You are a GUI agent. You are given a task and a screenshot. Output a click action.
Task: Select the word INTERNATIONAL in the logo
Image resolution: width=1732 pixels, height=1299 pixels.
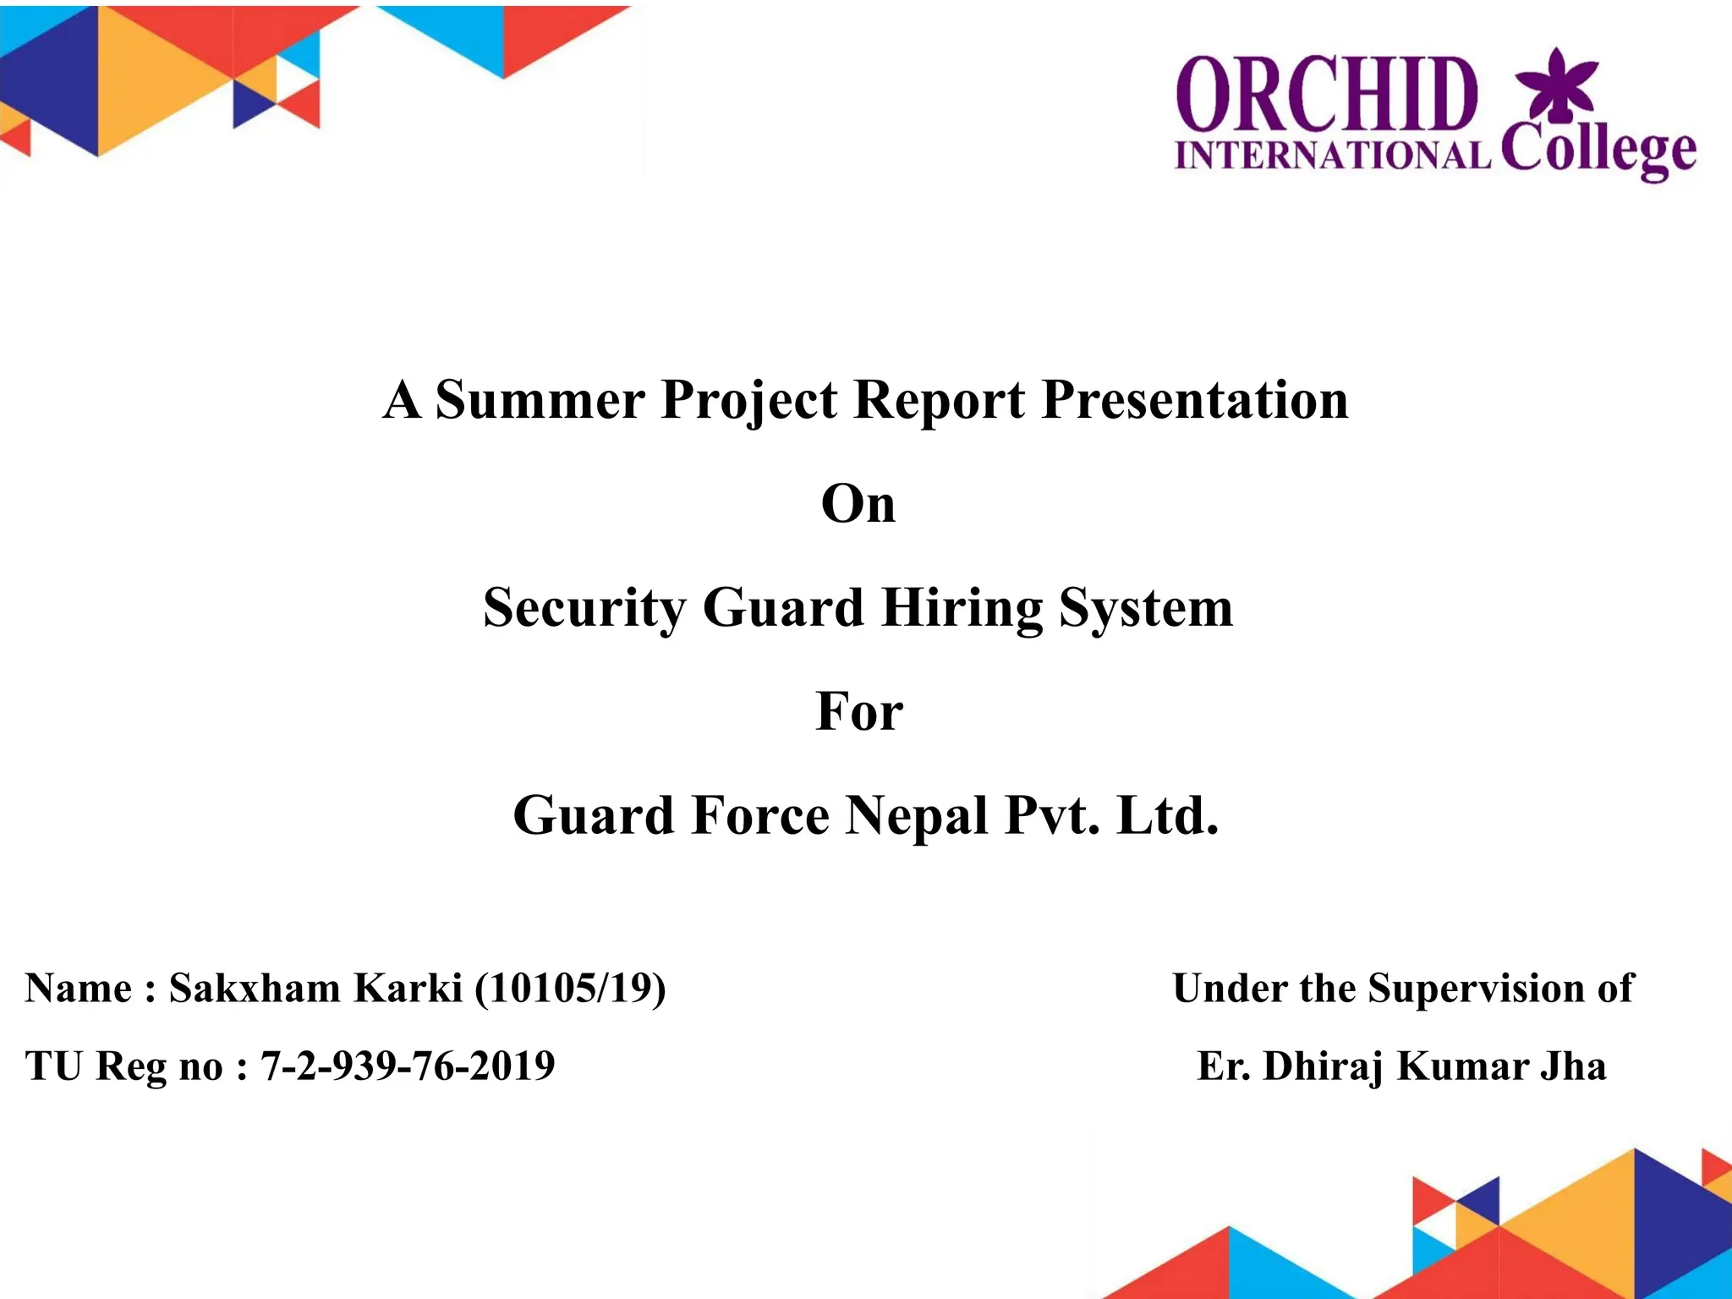pos(1332,156)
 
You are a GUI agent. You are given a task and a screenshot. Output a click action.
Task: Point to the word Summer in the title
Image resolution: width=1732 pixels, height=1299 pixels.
pos(539,399)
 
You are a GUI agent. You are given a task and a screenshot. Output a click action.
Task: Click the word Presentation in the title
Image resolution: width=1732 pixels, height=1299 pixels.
pos(1194,399)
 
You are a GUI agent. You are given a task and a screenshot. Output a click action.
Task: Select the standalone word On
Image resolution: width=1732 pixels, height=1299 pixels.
pos(858,505)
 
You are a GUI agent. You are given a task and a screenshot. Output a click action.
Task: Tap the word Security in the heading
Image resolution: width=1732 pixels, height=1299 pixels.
pos(584,608)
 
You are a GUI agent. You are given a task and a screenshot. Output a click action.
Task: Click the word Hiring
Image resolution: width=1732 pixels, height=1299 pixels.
pos(962,608)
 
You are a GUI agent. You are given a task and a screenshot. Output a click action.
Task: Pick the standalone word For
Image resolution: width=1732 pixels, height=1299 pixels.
pos(858,712)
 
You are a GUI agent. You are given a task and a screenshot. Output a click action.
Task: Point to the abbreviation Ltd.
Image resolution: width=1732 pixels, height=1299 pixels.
pos(1167,816)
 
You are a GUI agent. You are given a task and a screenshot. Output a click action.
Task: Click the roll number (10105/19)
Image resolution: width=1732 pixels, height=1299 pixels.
pos(569,989)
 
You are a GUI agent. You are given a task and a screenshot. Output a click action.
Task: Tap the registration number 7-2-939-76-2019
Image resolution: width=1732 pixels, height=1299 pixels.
pos(407,1066)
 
